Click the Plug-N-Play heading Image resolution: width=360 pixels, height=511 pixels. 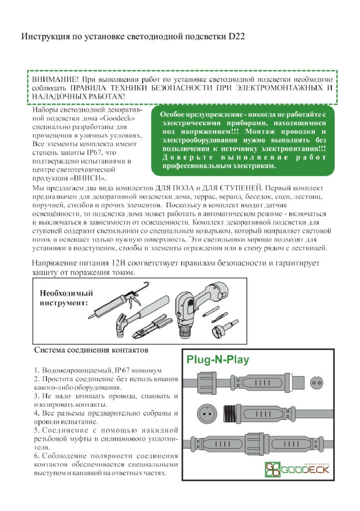(217, 360)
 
